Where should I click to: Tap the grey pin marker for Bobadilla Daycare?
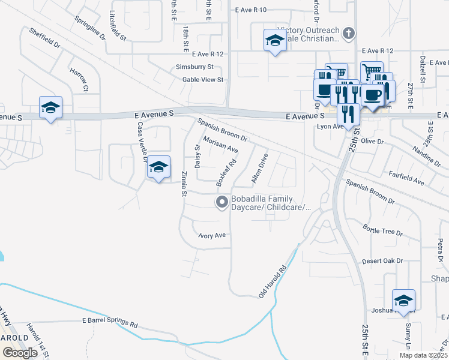pyautogui.click(x=222, y=203)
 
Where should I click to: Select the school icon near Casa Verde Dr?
pyautogui.click(x=159, y=167)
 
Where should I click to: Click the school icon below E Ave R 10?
pyautogui.click(x=275, y=41)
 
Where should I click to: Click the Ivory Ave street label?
pyautogui.click(x=212, y=235)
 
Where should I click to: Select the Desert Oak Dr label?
pyautogui.click(x=382, y=261)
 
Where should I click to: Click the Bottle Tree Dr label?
pyautogui.click(x=382, y=230)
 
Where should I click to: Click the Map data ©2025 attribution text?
pyautogui.click(x=423, y=355)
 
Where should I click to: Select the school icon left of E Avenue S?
pyautogui.click(x=50, y=107)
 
